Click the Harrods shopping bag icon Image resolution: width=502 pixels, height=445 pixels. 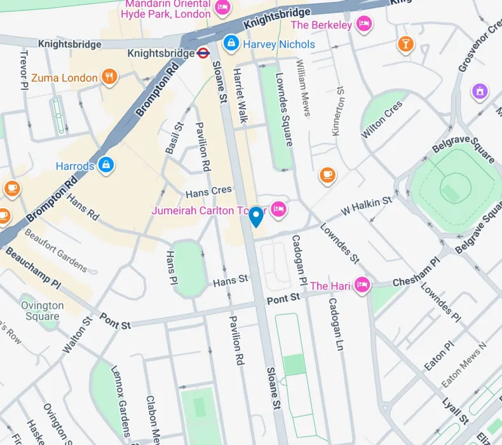(105, 165)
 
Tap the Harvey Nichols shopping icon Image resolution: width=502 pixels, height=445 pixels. (231, 44)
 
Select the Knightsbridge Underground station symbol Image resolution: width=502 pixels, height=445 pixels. (203, 53)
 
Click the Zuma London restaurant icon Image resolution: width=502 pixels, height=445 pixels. (110, 78)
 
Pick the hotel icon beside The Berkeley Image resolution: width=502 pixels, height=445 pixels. (363, 25)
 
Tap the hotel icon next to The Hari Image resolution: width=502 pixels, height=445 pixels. (362, 285)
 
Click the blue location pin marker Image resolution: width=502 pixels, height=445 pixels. (255, 217)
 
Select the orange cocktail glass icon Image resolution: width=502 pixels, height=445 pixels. (405, 44)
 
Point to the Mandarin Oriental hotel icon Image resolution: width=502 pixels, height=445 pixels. (222, 8)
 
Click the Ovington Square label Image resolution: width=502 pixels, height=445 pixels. (43, 310)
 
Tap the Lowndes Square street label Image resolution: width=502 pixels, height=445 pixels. (284, 108)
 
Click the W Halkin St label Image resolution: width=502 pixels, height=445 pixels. (367, 205)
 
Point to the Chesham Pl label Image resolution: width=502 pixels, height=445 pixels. (416, 272)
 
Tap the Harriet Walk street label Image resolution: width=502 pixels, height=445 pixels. (241, 95)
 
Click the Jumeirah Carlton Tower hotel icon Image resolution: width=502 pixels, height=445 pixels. (278, 209)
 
